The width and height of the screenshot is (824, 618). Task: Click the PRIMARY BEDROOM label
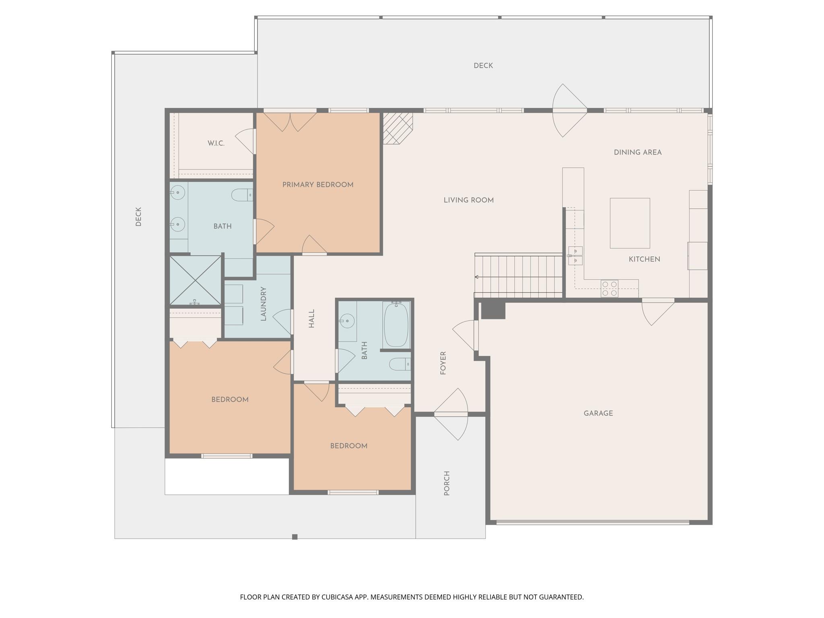317,185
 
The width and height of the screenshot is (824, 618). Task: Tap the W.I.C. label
216,143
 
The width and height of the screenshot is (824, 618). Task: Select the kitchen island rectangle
630,223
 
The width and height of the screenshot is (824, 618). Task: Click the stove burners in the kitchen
609,288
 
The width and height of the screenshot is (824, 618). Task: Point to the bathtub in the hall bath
396,325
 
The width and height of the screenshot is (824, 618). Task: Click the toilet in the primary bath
242,195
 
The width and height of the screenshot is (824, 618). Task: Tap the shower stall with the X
196,280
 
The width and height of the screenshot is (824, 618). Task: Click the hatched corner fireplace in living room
397,128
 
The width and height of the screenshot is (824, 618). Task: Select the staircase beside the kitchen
519,276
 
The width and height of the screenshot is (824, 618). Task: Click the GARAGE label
598,413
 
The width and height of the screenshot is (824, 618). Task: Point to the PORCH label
447,483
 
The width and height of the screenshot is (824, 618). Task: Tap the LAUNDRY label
264,304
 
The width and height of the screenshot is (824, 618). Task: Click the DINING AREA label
637,152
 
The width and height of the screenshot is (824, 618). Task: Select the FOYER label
443,363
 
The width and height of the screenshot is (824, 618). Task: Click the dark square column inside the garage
493,310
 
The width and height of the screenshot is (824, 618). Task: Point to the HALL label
311,319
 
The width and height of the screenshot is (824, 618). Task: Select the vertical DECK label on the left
138,216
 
